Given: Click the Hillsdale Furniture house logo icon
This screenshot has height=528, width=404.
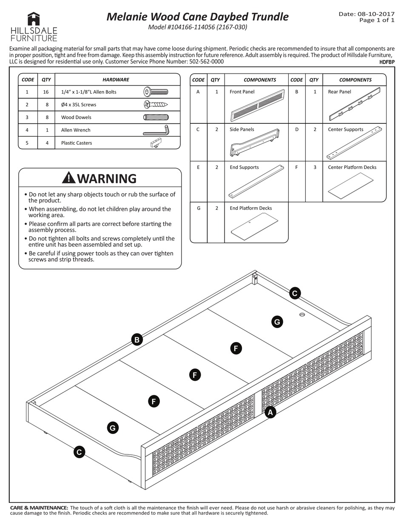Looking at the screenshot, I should pos(34,19).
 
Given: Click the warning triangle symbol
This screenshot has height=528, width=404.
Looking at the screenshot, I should pos(68,178).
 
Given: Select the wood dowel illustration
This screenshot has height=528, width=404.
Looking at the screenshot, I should pos(156,117).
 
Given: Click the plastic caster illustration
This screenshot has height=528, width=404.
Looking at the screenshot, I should pos(156,143).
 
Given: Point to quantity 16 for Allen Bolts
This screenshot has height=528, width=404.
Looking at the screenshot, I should pos(46,92).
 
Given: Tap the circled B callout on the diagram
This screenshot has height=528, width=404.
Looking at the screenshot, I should pos(137,340).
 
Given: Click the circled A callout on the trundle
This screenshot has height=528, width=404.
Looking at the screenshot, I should pos(270,412).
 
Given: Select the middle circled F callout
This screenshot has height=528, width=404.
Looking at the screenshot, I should pos(194,375).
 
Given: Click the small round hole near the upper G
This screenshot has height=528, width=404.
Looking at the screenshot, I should pos(302,314).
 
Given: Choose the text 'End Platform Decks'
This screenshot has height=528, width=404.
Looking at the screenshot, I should pos(250,208).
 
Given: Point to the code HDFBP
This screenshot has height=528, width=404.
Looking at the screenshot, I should pos(387,62).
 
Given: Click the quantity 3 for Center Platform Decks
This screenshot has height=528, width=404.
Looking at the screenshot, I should pos(314,167).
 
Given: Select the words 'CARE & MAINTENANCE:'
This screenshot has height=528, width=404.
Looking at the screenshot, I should pos(39,508).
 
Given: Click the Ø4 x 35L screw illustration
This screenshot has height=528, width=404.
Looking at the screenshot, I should pos(156,104).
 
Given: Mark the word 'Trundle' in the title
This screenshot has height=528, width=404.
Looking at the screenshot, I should pos(267,17).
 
